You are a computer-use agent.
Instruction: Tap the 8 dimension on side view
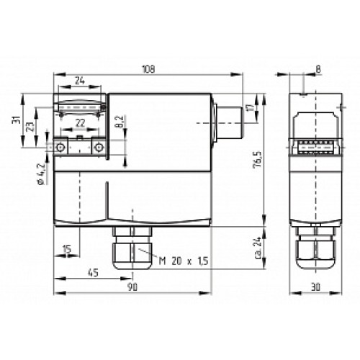tap(318, 69)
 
